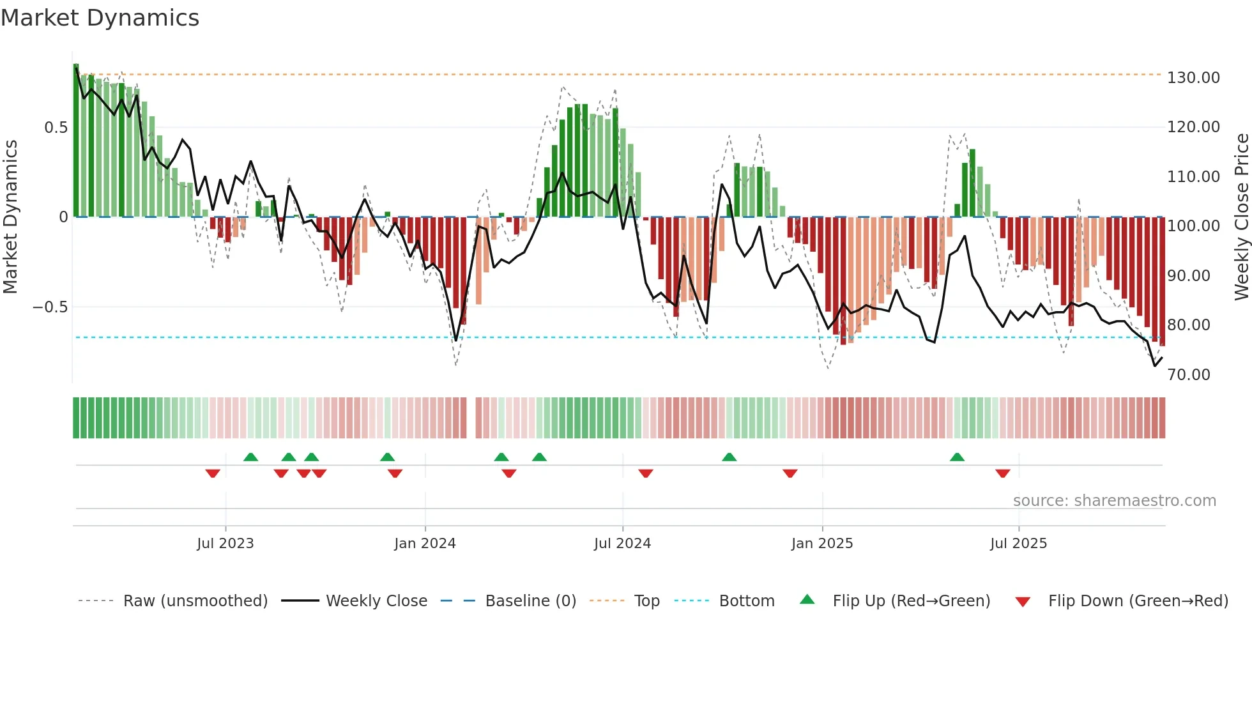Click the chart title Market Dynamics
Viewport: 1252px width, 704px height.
point(100,18)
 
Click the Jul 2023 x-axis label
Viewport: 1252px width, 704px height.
point(225,544)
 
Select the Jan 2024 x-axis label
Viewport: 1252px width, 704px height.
point(425,544)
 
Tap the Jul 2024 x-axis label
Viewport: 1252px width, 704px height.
point(622,544)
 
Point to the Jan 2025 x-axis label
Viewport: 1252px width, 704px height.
point(822,544)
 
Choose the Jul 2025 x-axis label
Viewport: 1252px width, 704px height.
point(1018,544)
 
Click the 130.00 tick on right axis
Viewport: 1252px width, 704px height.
point(1193,78)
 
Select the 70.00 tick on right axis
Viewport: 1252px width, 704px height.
point(1189,375)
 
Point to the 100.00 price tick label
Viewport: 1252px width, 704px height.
point(1193,226)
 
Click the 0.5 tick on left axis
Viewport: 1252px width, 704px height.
point(56,128)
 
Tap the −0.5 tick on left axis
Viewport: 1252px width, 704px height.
point(50,307)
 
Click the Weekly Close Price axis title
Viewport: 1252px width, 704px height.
point(1241,217)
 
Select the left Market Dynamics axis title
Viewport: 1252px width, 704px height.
point(10,217)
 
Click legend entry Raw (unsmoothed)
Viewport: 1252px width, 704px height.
point(195,601)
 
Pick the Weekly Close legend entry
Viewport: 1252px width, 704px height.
point(376,601)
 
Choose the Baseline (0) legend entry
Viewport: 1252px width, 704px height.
point(530,601)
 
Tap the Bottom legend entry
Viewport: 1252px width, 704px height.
point(746,601)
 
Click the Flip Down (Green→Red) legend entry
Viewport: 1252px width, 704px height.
point(1138,601)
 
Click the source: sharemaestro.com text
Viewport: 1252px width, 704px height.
point(1114,501)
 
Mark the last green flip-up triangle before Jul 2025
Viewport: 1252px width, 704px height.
point(956,457)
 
